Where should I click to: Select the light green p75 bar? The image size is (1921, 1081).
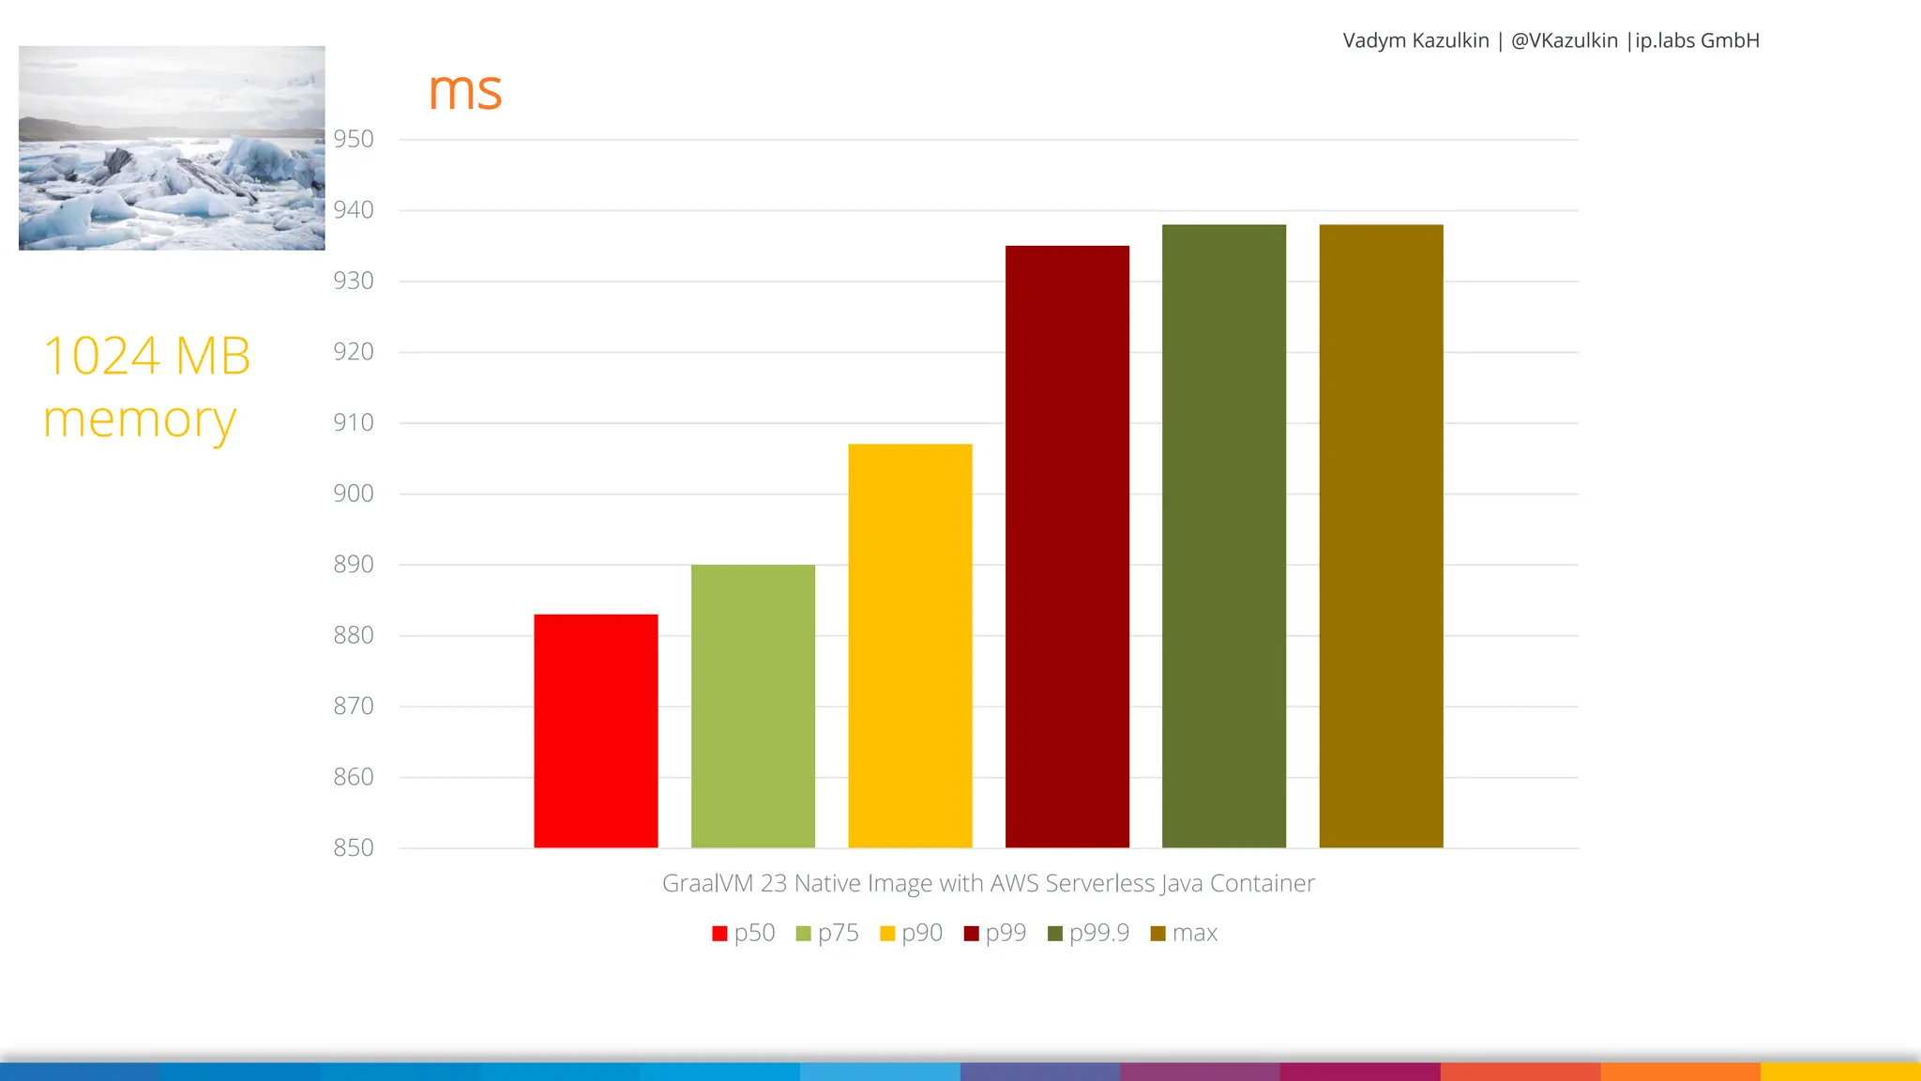click(x=752, y=706)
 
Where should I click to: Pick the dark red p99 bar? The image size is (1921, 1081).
click(x=1066, y=546)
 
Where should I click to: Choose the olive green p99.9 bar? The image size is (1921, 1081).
click(x=1223, y=536)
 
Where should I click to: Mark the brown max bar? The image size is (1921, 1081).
click(x=1381, y=536)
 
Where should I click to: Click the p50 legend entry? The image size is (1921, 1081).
click(x=744, y=933)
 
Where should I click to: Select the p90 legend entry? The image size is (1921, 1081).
click(x=911, y=933)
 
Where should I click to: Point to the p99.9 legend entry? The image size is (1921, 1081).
click(x=1088, y=933)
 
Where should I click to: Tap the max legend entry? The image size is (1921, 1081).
click(x=1184, y=933)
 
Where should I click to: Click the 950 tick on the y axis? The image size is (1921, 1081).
click(x=354, y=139)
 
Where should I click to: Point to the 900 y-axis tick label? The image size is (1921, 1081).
click(x=354, y=494)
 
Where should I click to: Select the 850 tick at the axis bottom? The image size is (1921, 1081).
click(x=354, y=847)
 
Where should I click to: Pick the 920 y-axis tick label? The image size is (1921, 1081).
click(x=354, y=352)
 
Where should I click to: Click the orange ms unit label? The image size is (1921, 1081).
click(x=465, y=91)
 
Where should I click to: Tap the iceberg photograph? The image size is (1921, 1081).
click(x=172, y=147)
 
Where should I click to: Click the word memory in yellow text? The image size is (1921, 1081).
click(x=139, y=419)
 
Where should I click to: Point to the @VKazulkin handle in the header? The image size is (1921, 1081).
click(x=1564, y=40)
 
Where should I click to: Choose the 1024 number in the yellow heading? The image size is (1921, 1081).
click(x=102, y=357)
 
